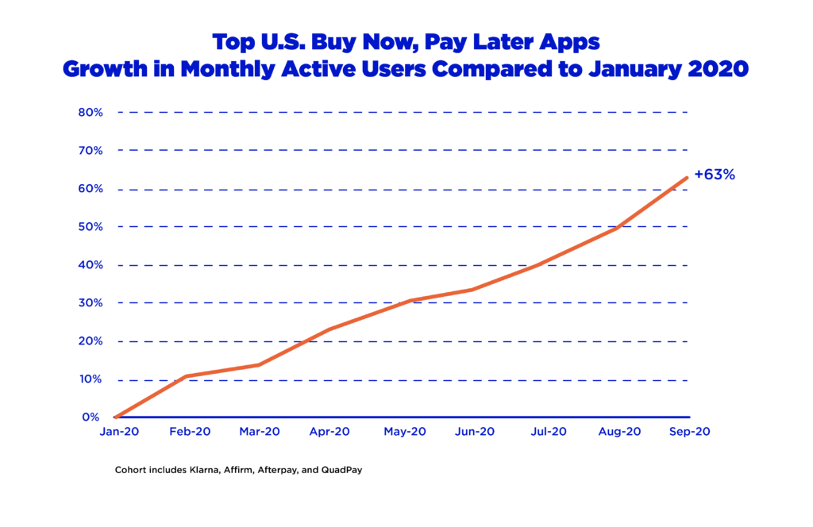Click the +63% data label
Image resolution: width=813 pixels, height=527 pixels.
[714, 175]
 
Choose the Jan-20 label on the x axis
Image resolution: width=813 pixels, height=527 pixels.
[115, 433]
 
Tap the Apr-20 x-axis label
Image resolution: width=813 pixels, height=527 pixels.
[329, 433]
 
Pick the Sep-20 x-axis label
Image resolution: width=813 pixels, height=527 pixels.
[689, 433]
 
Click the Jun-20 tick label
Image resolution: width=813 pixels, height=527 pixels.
[475, 433]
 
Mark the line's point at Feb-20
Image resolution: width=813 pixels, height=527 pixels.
[187, 376]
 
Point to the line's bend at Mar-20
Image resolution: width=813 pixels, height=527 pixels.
[259, 365]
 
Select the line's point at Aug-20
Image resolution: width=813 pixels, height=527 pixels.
[617, 229]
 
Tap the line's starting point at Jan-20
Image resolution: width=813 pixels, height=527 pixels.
[116, 417]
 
